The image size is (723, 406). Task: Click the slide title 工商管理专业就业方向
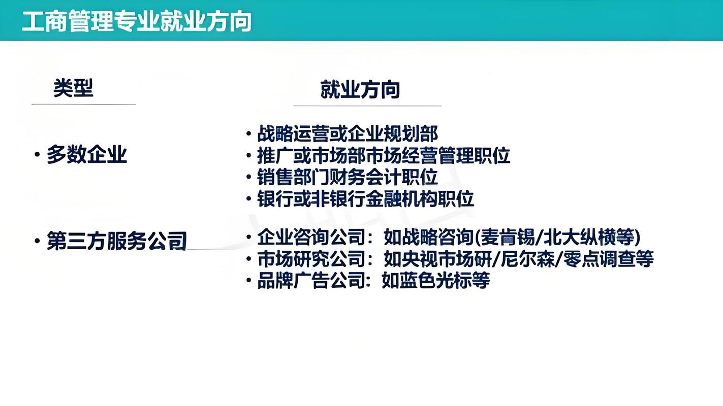[137, 22]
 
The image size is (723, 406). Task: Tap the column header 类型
[74, 88]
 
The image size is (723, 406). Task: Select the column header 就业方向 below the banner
[360, 89]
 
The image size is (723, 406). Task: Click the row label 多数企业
[87, 154]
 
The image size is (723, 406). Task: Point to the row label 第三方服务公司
[117, 241]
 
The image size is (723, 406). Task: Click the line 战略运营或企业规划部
[348, 133]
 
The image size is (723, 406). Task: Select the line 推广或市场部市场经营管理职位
[384, 155]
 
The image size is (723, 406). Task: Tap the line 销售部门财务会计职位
[348, 177]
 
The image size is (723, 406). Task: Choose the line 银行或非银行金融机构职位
[365, 198]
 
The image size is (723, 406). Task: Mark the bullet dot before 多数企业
[37, 154]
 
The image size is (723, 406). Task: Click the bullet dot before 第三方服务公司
[37, 241]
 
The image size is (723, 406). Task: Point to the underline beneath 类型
[84, 104]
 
